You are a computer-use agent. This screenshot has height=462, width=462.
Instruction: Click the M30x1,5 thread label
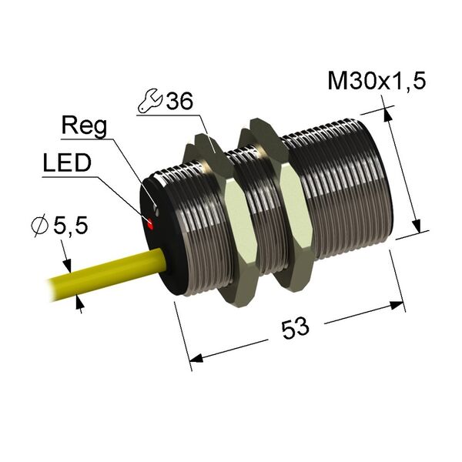click(x=377, y=81)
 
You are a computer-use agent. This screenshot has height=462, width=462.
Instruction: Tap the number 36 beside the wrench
click(x=179, y=101)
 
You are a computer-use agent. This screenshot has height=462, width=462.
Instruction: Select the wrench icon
click(x=150, y=101)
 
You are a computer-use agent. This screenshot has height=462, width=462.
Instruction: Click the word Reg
click(x=84, y=127)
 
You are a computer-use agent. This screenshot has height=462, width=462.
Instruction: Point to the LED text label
click(x=67, y=163)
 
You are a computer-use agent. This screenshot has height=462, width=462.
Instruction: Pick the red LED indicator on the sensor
click(x=151, y=223)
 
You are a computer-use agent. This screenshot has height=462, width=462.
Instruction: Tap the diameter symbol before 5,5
click(x=40, y=226)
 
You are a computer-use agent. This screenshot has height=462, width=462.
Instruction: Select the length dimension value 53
click(x=295, y=328)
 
